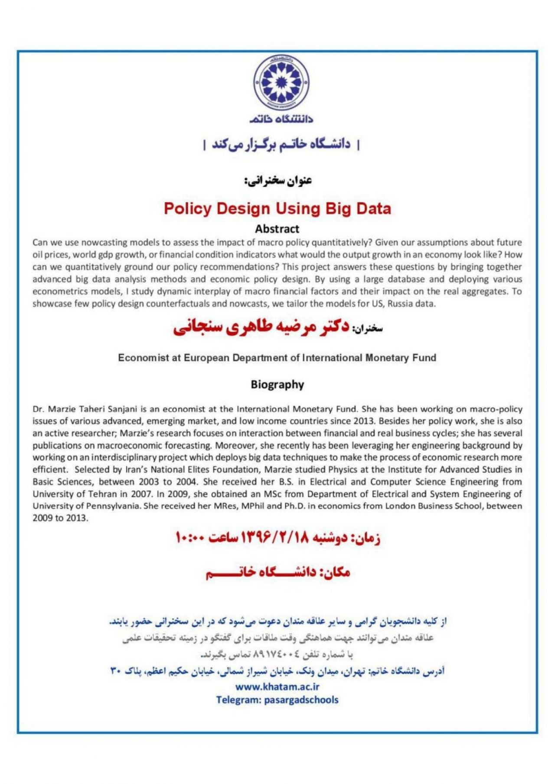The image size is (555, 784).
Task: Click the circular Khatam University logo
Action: (x=281, y=82)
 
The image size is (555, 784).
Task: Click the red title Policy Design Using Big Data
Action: (x=277, y=209)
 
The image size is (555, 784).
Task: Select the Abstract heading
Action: (x=277, y=229)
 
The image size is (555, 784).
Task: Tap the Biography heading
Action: (x=277, y=385)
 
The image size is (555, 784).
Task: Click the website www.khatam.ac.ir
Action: (x=277, y=687)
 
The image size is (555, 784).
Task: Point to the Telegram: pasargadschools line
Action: (x=277, y=700)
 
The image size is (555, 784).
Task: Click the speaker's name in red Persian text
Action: (x=261, y=327)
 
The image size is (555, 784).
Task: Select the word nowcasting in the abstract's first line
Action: (x=104, y=242)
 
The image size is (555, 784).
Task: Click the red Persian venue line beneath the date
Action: (x=277, y=573)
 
